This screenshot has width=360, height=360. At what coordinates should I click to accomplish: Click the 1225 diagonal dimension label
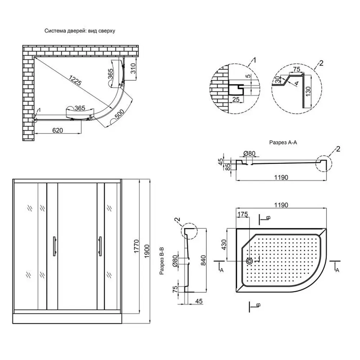coord(74,80)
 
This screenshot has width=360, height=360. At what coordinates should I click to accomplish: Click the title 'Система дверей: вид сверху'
coord(80,31)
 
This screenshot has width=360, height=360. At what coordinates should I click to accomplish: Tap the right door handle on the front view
coord(99,246)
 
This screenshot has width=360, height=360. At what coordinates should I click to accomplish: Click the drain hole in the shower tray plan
coord(249,261)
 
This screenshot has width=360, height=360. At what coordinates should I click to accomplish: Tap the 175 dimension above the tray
coord(243,214)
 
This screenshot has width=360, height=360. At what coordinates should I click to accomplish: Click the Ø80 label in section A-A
coord(249,154)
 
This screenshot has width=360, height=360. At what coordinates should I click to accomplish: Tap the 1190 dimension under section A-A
coord(282,177)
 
